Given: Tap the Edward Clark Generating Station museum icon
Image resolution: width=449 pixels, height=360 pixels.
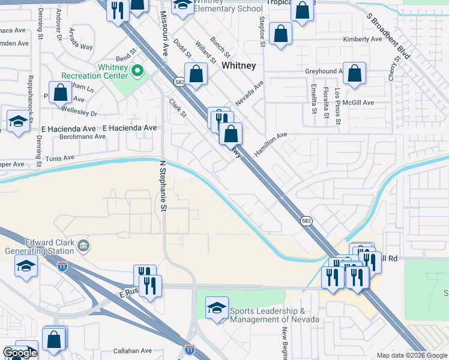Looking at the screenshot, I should pos(83,245).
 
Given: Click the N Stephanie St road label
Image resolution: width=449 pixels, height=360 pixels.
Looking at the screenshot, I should pos(162,185).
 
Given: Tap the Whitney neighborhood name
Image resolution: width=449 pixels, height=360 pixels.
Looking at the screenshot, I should pos(239,65).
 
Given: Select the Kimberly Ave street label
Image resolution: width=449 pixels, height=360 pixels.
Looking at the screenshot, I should pos(363,40).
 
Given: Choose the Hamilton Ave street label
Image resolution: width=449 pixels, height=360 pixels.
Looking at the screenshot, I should pos(271,145).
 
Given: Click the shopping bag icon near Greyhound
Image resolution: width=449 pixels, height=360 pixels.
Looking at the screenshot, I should pos(355,74).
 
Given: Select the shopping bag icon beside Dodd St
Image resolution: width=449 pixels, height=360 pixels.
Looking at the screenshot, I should pos(196,75).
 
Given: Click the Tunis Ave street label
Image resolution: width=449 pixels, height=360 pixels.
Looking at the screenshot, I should pos(59,158).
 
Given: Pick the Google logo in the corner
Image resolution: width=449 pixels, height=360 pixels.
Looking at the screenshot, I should pos(19,353).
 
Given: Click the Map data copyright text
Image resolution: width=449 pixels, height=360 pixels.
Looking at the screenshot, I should pos(412,355).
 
